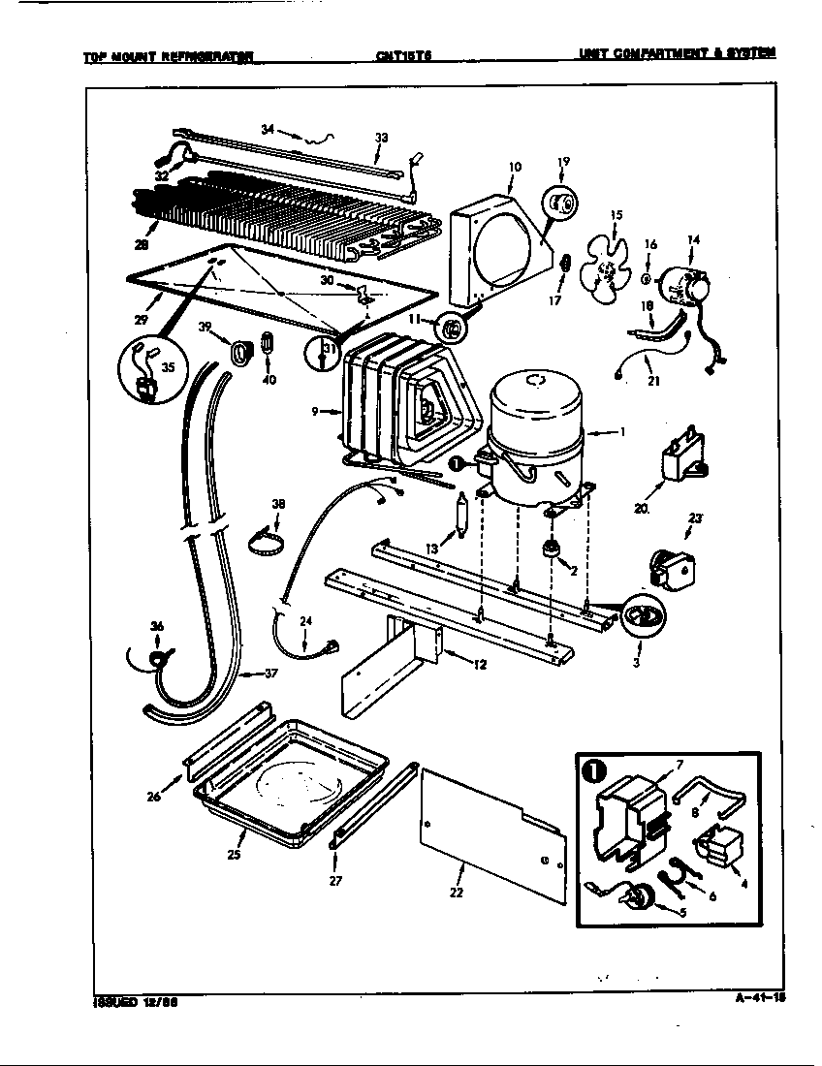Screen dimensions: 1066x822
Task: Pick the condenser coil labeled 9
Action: click(402, 397)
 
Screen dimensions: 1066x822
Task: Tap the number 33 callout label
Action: click(381, 139)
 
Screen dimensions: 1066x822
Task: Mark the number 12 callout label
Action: click(479, 664)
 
